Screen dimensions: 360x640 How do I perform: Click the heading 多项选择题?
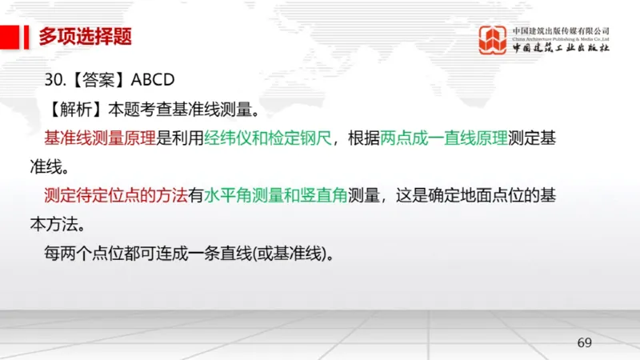click(x=84, y=36)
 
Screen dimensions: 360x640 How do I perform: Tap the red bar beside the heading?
click(x=10, y=36)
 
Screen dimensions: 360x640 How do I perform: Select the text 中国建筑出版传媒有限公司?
click(x=561, y=30)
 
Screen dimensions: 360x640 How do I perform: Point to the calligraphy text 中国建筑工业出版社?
click(x=561, y=49)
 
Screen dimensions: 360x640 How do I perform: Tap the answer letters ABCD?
click(x=152, y=81)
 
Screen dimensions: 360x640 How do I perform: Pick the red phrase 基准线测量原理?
click(x=100, y=138)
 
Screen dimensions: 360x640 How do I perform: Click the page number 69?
click(x=584, y=343)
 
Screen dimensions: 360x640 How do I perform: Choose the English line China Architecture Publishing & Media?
click(x=561, y=38)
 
